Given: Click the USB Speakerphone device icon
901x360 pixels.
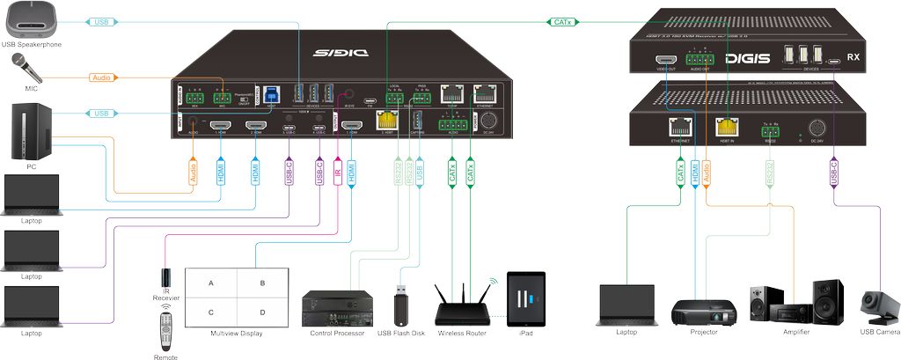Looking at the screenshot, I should (31, 23).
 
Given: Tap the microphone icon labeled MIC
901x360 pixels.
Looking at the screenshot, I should (20, 65).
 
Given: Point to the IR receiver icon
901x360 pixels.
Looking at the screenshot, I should (166, 281).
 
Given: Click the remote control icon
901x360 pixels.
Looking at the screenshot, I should (165, 334).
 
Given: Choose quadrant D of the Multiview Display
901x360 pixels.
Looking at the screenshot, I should (261, 312).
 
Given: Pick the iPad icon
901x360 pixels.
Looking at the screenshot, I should (526, 299).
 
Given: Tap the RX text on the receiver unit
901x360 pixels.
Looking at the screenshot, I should (853, 58).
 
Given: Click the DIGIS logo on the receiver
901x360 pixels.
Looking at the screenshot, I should (746, 59).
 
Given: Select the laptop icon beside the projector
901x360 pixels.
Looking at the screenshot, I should (627, 304).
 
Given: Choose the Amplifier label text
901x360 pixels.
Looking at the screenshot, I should (796, 332).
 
